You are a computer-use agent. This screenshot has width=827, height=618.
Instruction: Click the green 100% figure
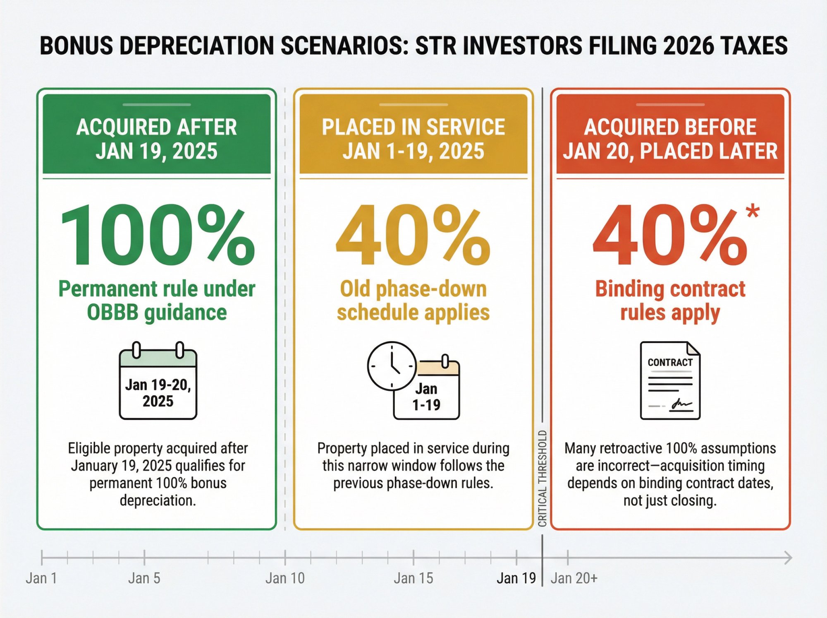point(157,235)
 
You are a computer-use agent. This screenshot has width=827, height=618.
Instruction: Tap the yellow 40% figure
point(413,235)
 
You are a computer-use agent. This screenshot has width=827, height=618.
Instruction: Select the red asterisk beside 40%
point(753,211)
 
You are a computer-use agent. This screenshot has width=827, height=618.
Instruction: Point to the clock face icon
point(392,366)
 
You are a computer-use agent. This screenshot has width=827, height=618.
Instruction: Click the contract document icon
point(670,380)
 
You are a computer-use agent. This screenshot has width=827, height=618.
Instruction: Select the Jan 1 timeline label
point(41,578)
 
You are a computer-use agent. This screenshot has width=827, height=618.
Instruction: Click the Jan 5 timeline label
point(144,578)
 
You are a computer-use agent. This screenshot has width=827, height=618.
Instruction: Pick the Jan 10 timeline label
point(285,578)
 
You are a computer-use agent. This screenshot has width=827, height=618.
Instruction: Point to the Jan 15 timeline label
point(413,578)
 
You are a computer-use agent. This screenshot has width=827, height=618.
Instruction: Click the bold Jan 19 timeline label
point(516,578)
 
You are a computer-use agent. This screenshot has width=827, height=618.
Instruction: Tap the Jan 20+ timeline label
point(574,578)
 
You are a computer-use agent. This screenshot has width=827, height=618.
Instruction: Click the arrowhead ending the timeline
point(788,558)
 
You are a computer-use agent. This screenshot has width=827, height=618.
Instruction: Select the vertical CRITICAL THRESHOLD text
point(543,479)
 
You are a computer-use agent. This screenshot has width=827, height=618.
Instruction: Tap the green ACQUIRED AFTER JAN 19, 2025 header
point(157,139)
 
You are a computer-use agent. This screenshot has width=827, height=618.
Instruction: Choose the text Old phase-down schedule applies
point(413,301)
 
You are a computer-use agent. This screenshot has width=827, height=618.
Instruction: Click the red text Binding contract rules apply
point(670,301)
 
